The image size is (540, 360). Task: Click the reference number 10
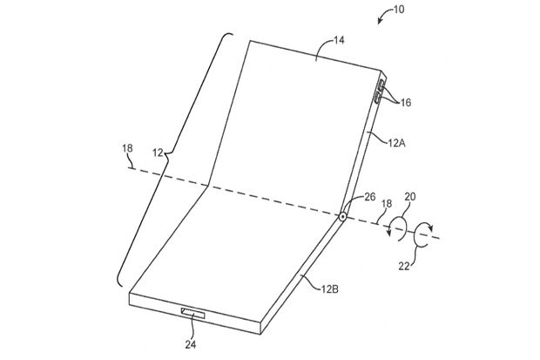click(399, 9)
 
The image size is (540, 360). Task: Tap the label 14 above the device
click(339, 40)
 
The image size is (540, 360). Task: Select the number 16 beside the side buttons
click(405, 102)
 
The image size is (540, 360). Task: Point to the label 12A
click(397, 143)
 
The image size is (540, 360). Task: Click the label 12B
click(329, 289)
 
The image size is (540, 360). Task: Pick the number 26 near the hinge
click(369, 197)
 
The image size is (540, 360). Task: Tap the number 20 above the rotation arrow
click(410, 196)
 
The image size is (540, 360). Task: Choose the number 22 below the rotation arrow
click(405, 266)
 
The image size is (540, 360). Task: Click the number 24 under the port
click(191, 344)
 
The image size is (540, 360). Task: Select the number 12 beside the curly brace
click(158, 153)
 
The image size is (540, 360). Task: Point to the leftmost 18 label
click(127, 148)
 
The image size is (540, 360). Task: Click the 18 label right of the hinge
click(387, 203)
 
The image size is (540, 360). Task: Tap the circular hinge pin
click(342, 216)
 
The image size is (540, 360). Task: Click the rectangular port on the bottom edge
click(193, 314)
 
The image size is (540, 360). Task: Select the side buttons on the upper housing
click(380, 91)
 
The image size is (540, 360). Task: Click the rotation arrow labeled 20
click(398, 228)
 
